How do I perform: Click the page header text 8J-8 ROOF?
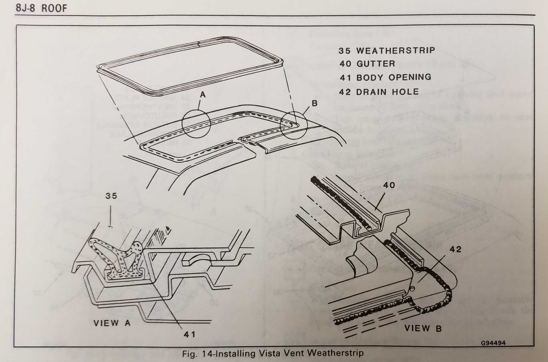41,8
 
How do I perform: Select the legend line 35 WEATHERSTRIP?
387,51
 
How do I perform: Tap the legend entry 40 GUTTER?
367,64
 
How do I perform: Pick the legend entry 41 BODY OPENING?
385,77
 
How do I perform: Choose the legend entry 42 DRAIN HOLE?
379,92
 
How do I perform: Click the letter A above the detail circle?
203,94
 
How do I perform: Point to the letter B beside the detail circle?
315,103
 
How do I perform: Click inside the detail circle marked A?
196,124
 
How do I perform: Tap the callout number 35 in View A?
111,196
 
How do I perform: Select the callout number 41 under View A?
190,334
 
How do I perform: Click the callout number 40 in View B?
389,185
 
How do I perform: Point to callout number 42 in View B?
455,249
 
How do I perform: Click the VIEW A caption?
112,323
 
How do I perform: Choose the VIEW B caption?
423,329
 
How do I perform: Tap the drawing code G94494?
493,343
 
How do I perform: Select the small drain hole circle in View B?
412,289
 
